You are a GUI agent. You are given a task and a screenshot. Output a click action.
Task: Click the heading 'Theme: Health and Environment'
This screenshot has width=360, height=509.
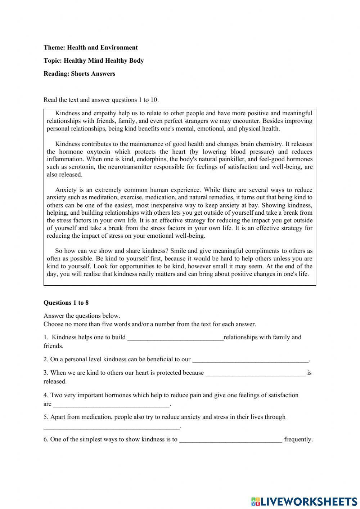click(90, 48)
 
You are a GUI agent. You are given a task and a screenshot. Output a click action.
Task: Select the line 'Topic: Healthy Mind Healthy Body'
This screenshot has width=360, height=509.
click(94, 61)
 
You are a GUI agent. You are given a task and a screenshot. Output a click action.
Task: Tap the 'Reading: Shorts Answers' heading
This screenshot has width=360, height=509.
click(79, 74)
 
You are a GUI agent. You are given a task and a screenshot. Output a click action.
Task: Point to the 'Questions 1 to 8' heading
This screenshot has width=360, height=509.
click(66, 303)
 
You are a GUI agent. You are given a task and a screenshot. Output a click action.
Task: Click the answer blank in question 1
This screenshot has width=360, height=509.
click(175, 338)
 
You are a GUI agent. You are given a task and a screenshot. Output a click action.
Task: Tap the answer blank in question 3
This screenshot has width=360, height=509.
click(255, 373)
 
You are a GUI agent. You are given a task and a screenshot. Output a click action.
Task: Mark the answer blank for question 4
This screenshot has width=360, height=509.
click(111, 405)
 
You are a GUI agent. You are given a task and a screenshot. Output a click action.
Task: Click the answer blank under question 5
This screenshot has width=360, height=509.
click(111, 427)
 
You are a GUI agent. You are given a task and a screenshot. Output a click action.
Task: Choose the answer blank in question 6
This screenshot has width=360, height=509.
click(230, 440)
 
